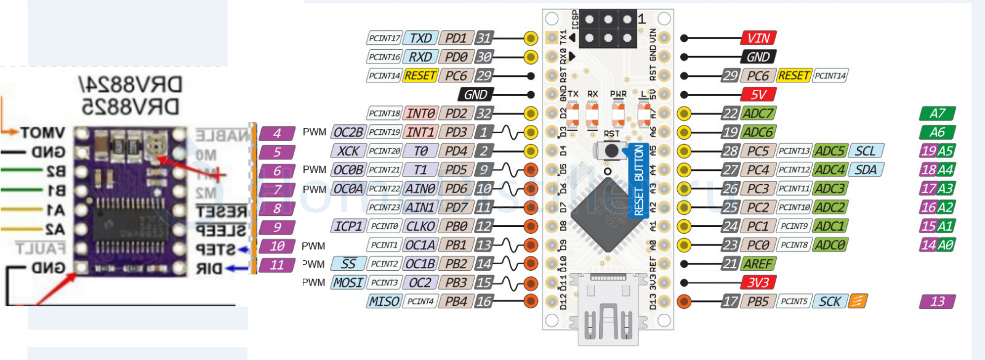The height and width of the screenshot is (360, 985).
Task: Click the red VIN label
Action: tap(758, 38)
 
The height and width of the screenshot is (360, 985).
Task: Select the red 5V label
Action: tap(758, 95)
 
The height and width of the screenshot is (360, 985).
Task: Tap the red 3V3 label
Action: tap(758, 282)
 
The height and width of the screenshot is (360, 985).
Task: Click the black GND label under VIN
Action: tap(758, 57)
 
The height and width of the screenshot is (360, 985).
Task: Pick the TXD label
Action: tap(420, 38)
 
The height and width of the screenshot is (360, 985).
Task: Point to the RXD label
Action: tap(420, 57)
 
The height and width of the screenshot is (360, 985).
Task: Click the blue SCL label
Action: tap(865, 151)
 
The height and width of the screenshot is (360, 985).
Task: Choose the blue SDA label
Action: tap(865, 170)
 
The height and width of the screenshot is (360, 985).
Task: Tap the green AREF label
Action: tap(757, 264)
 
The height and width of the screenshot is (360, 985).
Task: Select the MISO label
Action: tap(384, 302)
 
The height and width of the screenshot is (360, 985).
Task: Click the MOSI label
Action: tap(348, 282)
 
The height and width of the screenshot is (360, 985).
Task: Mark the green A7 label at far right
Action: tap(937, 113)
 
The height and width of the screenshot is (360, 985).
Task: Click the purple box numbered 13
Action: tap(937, 302)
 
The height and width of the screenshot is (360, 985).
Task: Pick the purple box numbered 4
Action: tap(277, 133)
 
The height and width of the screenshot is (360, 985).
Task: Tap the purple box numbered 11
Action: tap(277, 265)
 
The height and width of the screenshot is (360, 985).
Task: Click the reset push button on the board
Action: tap(611, 151)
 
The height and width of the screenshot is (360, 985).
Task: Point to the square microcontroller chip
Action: tap(608, 213)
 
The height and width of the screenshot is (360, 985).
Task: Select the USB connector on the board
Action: tap(608, 311)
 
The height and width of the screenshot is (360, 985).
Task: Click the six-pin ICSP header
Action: tap(608, 29)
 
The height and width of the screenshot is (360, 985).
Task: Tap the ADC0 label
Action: tap(829, 245)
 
